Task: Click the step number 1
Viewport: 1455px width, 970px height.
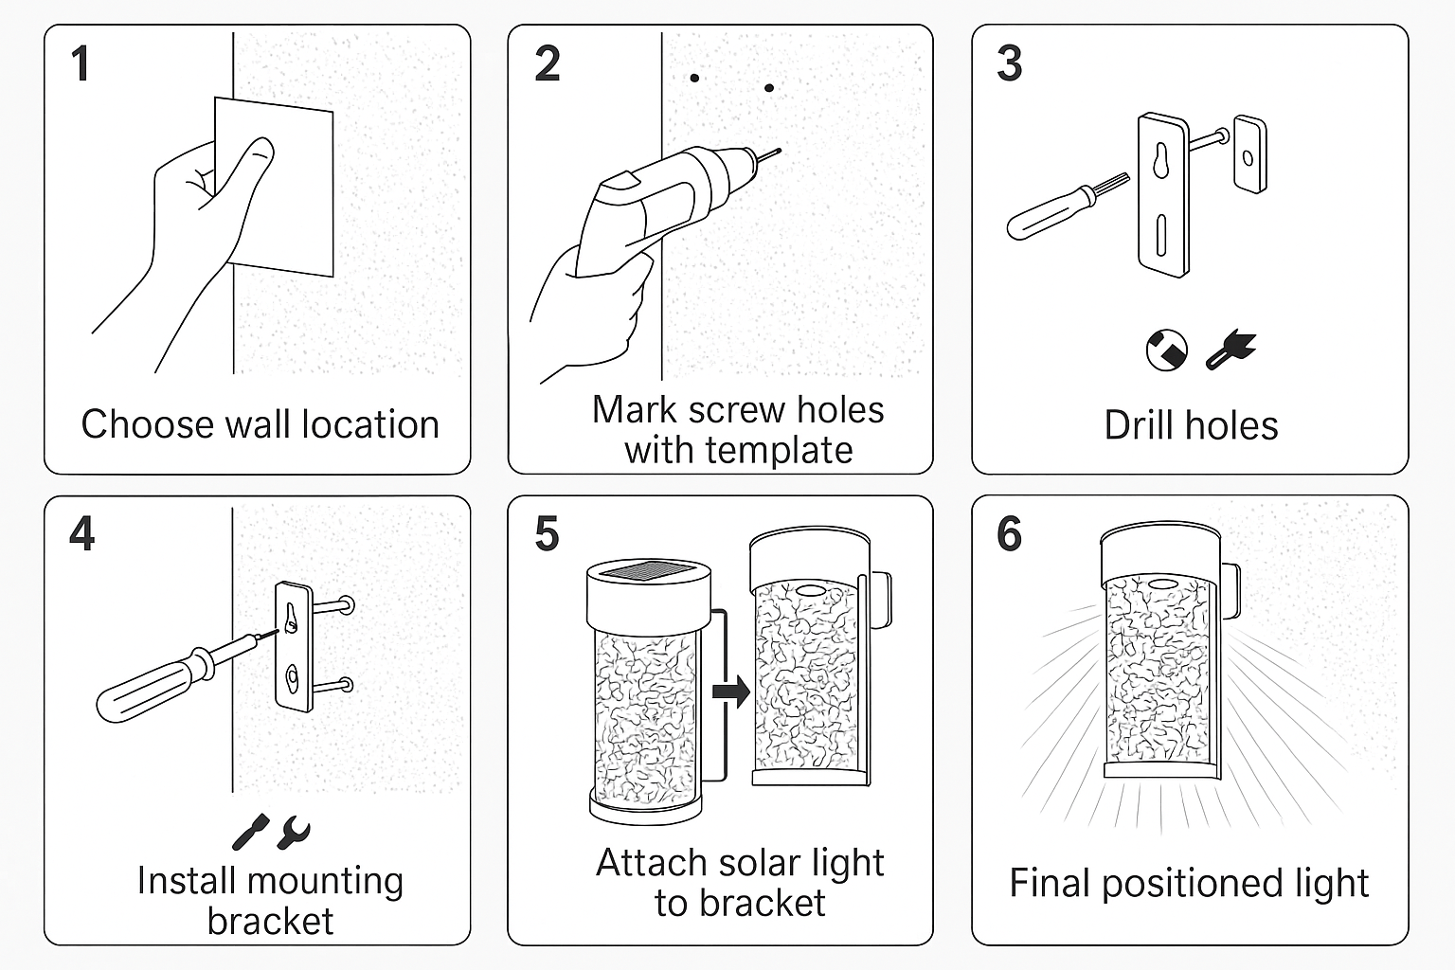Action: click(x=81, y=64)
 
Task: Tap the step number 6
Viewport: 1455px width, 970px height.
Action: click(x=1009, y=534)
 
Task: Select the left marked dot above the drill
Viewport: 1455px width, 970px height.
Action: click(x=694, y=78)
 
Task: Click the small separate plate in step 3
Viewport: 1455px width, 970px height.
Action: click(x=1250, y=154)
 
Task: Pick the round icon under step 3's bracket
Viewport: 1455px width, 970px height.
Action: click(x=1166, y=350)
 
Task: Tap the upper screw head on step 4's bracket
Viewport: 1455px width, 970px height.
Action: click(x=347, y=604)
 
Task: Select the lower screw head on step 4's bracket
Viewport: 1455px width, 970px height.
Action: click(x=346, y=684)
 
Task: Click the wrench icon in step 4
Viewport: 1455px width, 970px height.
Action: click(x=294, y=832)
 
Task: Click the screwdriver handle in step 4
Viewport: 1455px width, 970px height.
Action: click(x=142, y=690)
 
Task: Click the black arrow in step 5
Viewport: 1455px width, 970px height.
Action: click(x=730, y=692)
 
